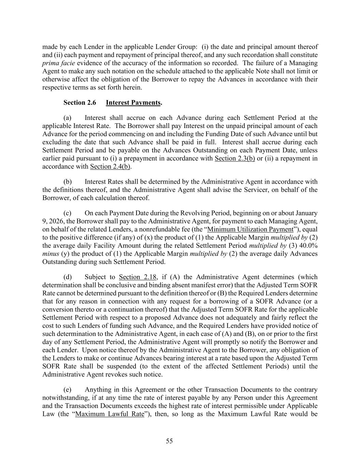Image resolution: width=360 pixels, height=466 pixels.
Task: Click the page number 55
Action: click(x=169, y=441)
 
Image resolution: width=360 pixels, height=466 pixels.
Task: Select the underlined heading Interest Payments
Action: click(x=133, y=102)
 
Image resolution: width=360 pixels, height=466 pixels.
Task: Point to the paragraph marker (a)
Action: click(x=67, y=118)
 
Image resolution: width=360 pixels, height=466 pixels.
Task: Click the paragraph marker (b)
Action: click(x=67, y=182)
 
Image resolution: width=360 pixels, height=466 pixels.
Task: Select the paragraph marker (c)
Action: click(x=67, y=213)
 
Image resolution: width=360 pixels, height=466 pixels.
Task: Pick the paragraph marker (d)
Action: click(x=67, y=277)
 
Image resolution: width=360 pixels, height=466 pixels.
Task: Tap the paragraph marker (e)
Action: click(x=67, y=390)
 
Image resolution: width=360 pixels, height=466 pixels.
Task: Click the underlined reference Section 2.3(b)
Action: click(x=235, y=158)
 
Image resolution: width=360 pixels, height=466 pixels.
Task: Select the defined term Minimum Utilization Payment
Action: click(x=250, y=229)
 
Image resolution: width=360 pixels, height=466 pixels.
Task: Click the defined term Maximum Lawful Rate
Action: click(x=110, y=414)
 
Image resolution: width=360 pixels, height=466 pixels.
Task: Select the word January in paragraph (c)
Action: click(x=306, y=213)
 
